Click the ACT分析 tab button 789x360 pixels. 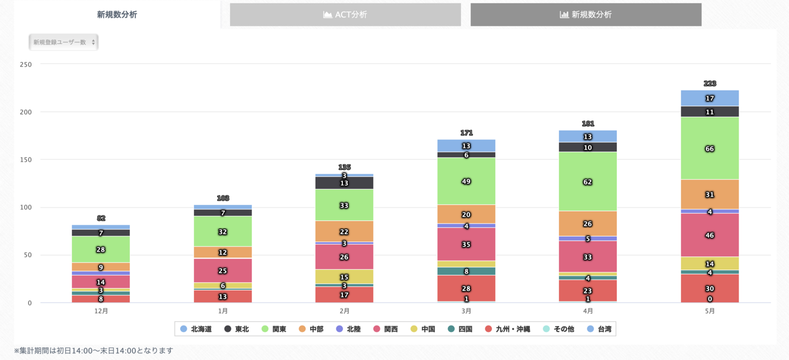click(345, 15)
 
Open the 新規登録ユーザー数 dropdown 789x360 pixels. click(64, 42)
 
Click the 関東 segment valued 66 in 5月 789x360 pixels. click(710, 148)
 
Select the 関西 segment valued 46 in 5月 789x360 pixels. click(710, 235)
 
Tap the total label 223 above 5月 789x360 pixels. click(710, 84)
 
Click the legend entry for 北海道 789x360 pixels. click(196, 329)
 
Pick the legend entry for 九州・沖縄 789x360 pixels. click(508, 329)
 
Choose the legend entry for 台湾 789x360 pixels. click(599, 329)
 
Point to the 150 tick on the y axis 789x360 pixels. click(26, 159)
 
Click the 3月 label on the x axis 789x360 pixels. click(466, 311)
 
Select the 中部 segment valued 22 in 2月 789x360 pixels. click(344, 232)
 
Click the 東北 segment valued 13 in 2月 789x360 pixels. click(344, 183)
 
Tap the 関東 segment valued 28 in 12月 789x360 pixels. click(101, 249)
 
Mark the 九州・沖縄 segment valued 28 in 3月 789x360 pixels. click(466, 288)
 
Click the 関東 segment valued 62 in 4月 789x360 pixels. click(588, 181)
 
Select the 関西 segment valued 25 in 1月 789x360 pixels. click(222, 270)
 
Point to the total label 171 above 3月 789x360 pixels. click(466, 133)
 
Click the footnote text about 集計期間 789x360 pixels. click(93, 351)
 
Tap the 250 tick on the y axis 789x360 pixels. click(26, 64)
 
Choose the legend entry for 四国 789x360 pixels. click(460, 329)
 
